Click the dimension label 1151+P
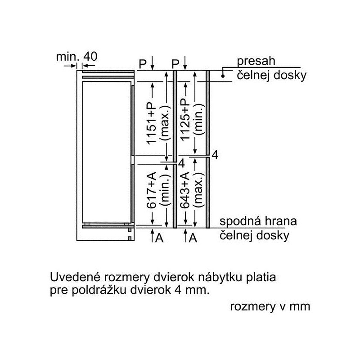(x=152, y=123)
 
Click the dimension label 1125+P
(x=185, y=119)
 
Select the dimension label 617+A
(x=152, y=190)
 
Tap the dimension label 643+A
(x=185, y=190)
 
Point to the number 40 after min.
(x=90, y=56)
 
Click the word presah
(x=256, y=61)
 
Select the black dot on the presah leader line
(x=223, y=76)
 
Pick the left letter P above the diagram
(x=143, y=63)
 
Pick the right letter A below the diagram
(x=193, y=238)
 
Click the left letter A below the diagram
(x=159, y=238)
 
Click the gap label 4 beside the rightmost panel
(x=215, y=155)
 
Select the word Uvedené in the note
(x=75, y=277)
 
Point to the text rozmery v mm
(x=270, y=307)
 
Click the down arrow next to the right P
(x=185, y=63)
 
